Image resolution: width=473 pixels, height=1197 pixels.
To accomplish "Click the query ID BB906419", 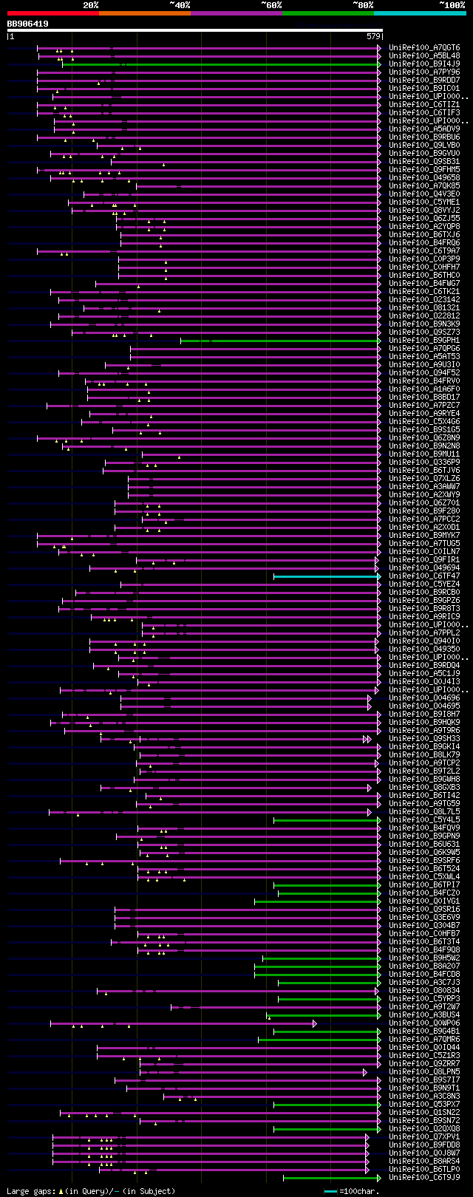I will coord(28,24).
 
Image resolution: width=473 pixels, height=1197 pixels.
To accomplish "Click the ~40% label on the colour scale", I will coord(180,4).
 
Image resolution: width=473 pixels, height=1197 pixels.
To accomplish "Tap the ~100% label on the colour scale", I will coord(452,4).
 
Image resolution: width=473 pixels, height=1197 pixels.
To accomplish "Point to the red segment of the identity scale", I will coord(52,13).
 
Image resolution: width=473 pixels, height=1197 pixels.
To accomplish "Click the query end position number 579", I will coord(373,35).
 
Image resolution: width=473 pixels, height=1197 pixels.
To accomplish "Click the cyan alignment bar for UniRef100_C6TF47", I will coord(325,576).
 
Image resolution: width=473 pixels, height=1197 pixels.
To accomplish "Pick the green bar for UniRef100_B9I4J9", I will coord(222,64).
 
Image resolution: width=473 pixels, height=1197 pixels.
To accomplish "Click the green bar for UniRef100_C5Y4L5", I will coord(325,820).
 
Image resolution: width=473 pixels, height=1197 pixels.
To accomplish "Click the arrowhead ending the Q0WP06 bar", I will coord(314,1023).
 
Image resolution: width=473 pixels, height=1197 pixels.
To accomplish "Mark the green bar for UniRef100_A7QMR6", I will coord(318,1040).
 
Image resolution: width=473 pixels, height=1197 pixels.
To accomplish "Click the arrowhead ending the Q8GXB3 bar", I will coord(370,788).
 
